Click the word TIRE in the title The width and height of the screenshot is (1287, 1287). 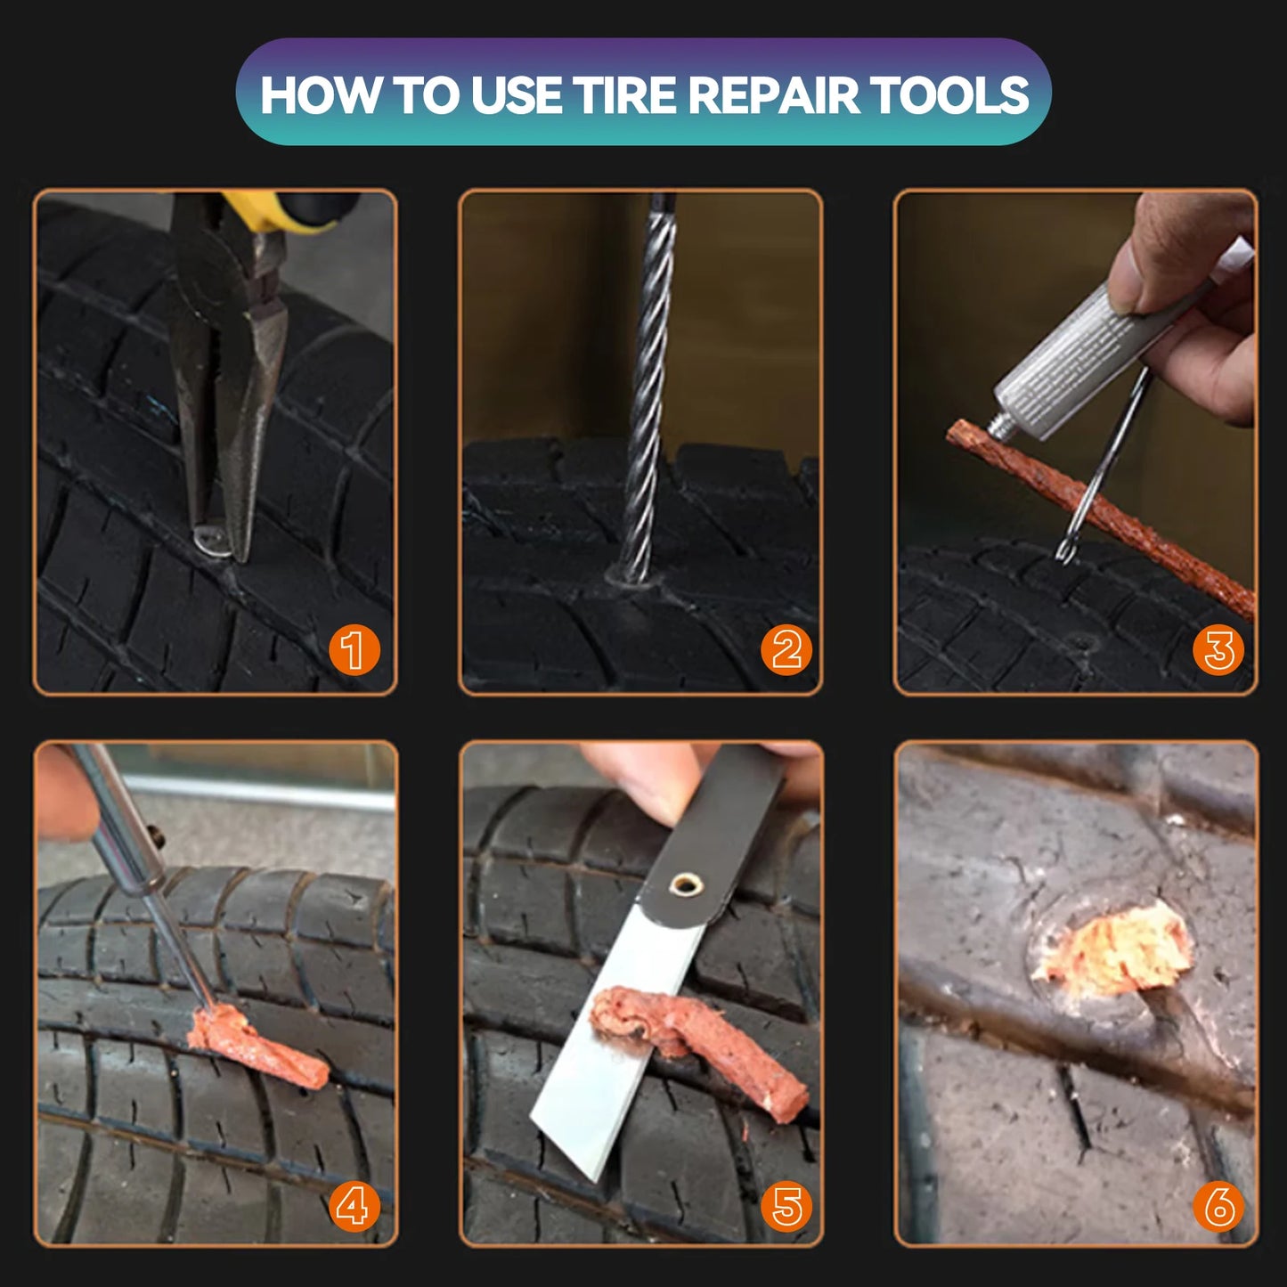pyautogui.click(x=626, y=94)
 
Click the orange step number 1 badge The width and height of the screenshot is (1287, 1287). pyautogui.click(x=354, y=650)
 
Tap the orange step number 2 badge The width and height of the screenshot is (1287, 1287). pyautogui.click(x=786, y=650)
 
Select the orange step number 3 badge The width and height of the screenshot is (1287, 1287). pyautogui.click(x=1218, y=650)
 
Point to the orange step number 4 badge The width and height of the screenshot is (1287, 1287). pyautogui.click(x=354, y=1207)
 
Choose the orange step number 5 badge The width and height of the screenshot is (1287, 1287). pyautogui.click(x=786, y=1207)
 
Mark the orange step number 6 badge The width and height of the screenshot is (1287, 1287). pyautogui.click(x=1218, y=1207)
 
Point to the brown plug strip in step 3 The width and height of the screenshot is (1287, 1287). pyautogui.click(x=1104, y=517)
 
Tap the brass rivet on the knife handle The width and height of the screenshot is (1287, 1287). pyautogui.click(x=684, y=884)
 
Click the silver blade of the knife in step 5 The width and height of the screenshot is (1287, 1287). pyautogui.click(x=615, y=1051)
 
